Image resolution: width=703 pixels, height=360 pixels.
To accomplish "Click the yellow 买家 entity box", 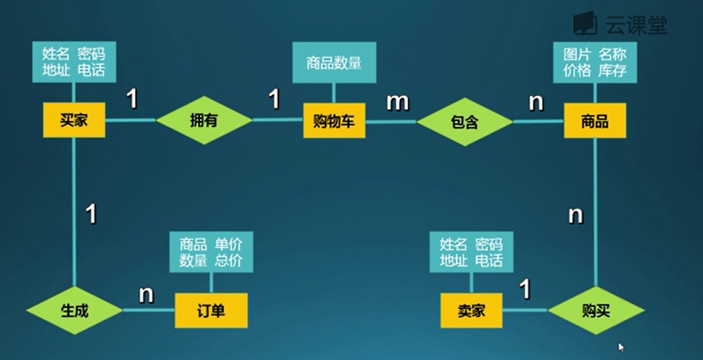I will [74, 120].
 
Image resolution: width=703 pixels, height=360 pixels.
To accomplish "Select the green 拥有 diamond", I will [204, 121].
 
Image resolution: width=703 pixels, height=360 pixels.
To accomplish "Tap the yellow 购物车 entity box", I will [334, 121].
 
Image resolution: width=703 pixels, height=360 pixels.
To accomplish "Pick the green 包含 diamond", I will [464, 122].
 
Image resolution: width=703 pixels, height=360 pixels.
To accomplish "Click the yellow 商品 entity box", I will [594, 121].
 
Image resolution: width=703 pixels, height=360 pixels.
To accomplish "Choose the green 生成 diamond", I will [75, 310].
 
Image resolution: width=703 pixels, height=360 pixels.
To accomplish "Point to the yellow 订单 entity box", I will [211, 310].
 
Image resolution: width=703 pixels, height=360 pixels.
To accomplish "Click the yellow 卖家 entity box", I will [471, 310].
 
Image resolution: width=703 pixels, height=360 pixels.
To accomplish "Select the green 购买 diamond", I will [596, 310].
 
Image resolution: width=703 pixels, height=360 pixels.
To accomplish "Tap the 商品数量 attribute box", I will [334, 62].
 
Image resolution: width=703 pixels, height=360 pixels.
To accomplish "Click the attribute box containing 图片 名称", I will [594, 62].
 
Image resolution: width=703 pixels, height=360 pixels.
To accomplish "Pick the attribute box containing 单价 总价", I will [211, 252].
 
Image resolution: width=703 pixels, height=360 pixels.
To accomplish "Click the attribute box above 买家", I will [74, 62].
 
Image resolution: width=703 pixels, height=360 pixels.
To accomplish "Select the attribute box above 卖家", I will [471, 252].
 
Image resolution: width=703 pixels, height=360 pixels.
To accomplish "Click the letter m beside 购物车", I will [397, 102].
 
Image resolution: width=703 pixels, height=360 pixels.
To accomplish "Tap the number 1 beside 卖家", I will [525, 289].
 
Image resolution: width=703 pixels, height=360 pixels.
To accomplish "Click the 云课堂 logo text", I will [636, 24].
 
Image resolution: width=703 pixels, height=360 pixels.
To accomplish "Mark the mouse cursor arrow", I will [621, 347].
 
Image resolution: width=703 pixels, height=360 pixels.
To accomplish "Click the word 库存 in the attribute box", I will [612, 70].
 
